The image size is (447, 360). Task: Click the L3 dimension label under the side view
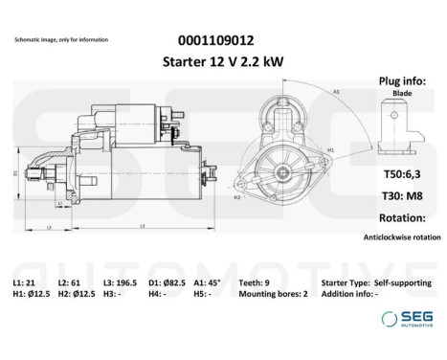142,225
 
